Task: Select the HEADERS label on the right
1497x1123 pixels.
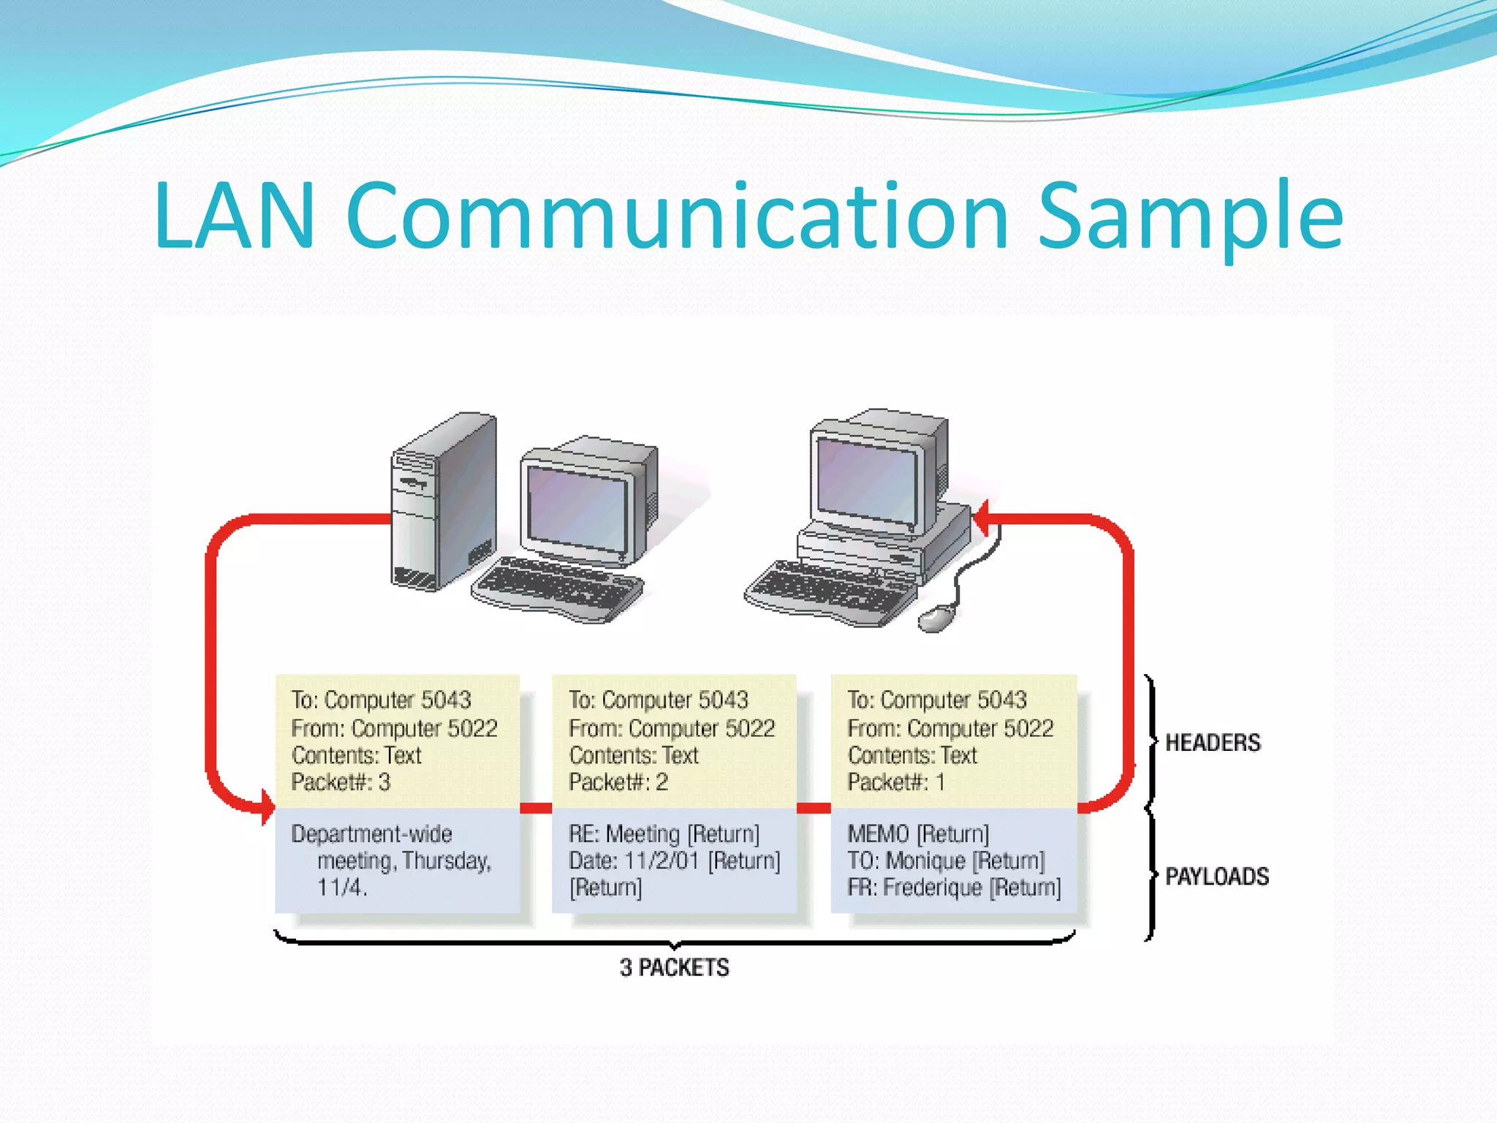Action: (1213, 743)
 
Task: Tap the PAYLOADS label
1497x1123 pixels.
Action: (1217, 876)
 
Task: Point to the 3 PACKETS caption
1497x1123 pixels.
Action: (674, 967)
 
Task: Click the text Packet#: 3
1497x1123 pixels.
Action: (341, 782)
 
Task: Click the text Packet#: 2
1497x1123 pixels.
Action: (618, 782)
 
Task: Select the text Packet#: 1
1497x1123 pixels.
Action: (896, 782)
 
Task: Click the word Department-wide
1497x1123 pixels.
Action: (371, 834)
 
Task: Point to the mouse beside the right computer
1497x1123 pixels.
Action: (936, 619)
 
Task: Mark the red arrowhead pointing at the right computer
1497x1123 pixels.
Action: (982, 518)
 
